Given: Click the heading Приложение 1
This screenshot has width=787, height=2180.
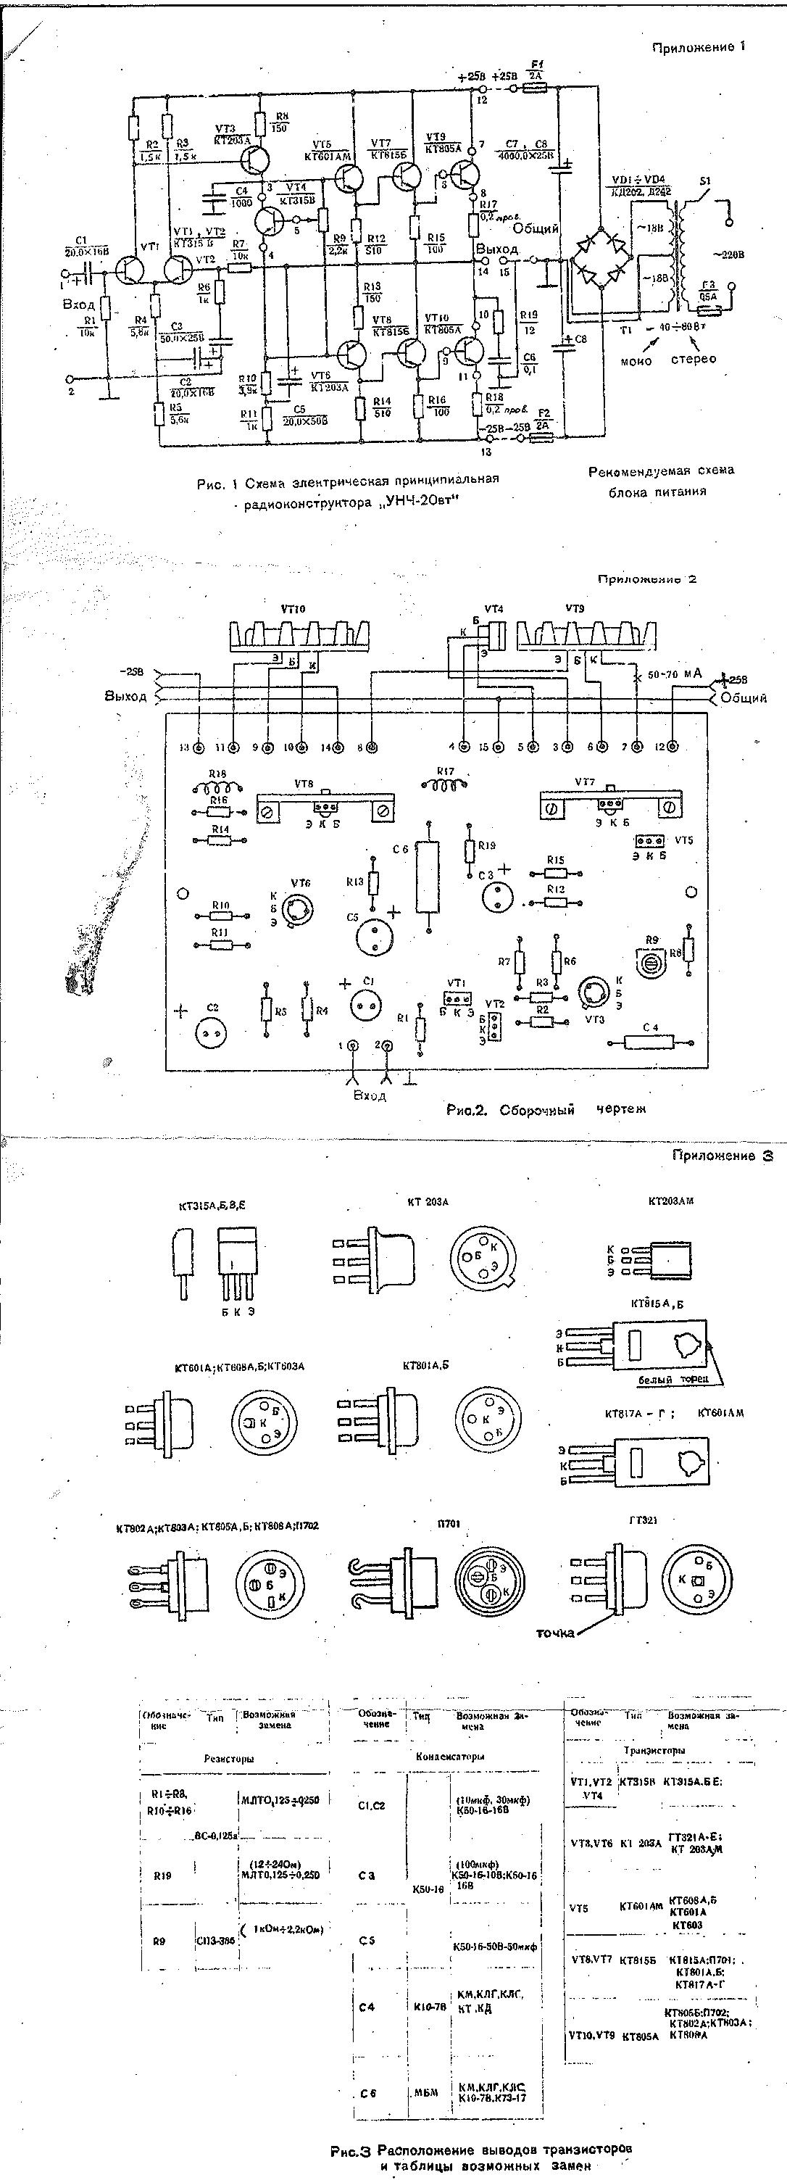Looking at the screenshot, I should (x=698, y=47).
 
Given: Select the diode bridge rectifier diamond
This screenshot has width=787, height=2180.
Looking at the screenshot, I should (x=601, y=257).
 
